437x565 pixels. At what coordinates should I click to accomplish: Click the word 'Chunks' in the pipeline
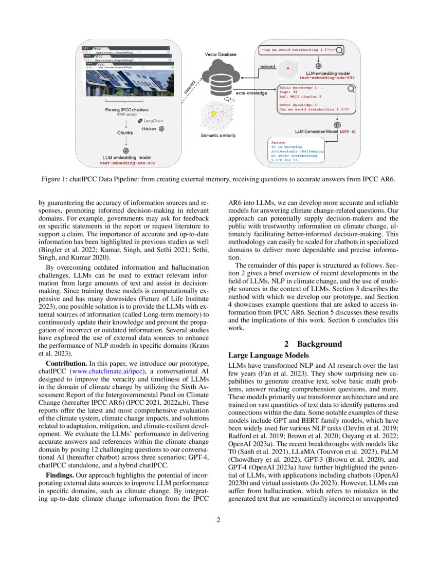[125, 132]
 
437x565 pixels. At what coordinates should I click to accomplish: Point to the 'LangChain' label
[153, 120]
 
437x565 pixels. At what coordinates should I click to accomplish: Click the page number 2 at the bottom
[219, 520]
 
